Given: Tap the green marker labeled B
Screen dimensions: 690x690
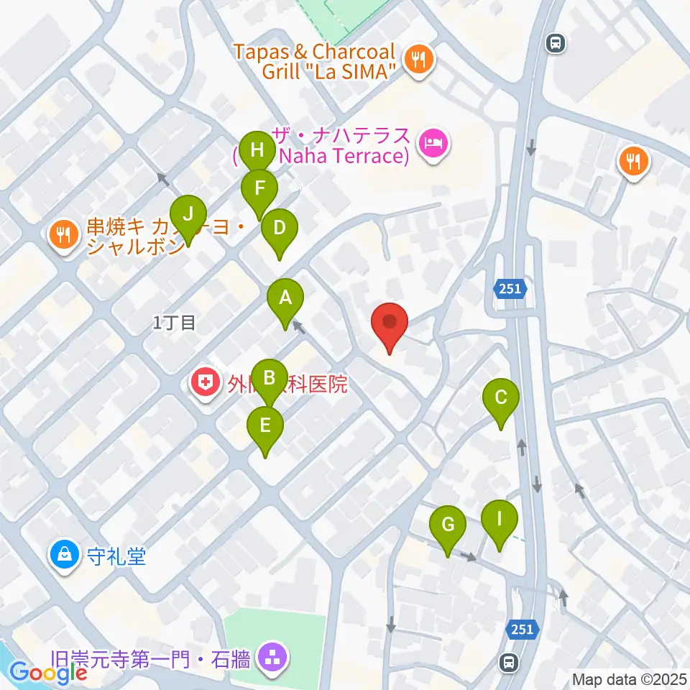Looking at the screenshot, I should click(270, 379).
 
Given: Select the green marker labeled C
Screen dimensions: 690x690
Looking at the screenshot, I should click(501, 398).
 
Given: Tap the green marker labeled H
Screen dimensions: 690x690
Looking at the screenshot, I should click(257, 152).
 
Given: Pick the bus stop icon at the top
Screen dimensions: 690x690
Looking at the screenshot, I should click(555, 43).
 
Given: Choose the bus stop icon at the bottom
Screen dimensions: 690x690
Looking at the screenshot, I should click(509, 661).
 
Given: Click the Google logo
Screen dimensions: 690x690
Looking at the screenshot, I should click(48, 672).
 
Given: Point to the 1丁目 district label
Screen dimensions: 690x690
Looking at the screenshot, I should click(174, 323).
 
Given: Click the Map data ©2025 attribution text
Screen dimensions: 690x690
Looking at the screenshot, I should click(629, 678).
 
